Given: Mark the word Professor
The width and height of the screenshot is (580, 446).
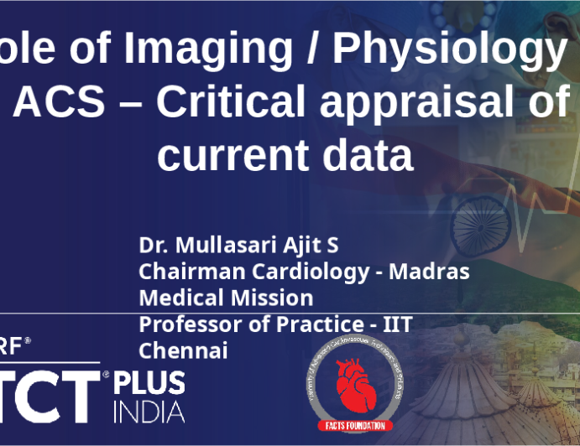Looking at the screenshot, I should point(182,324).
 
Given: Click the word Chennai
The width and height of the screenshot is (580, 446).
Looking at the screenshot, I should point(183,350).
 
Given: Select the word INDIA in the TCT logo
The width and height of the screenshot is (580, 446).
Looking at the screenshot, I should point(149,412).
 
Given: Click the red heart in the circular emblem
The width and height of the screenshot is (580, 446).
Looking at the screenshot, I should point(353,385).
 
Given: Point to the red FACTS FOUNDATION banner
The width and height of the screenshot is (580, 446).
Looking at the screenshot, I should point(354,425).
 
